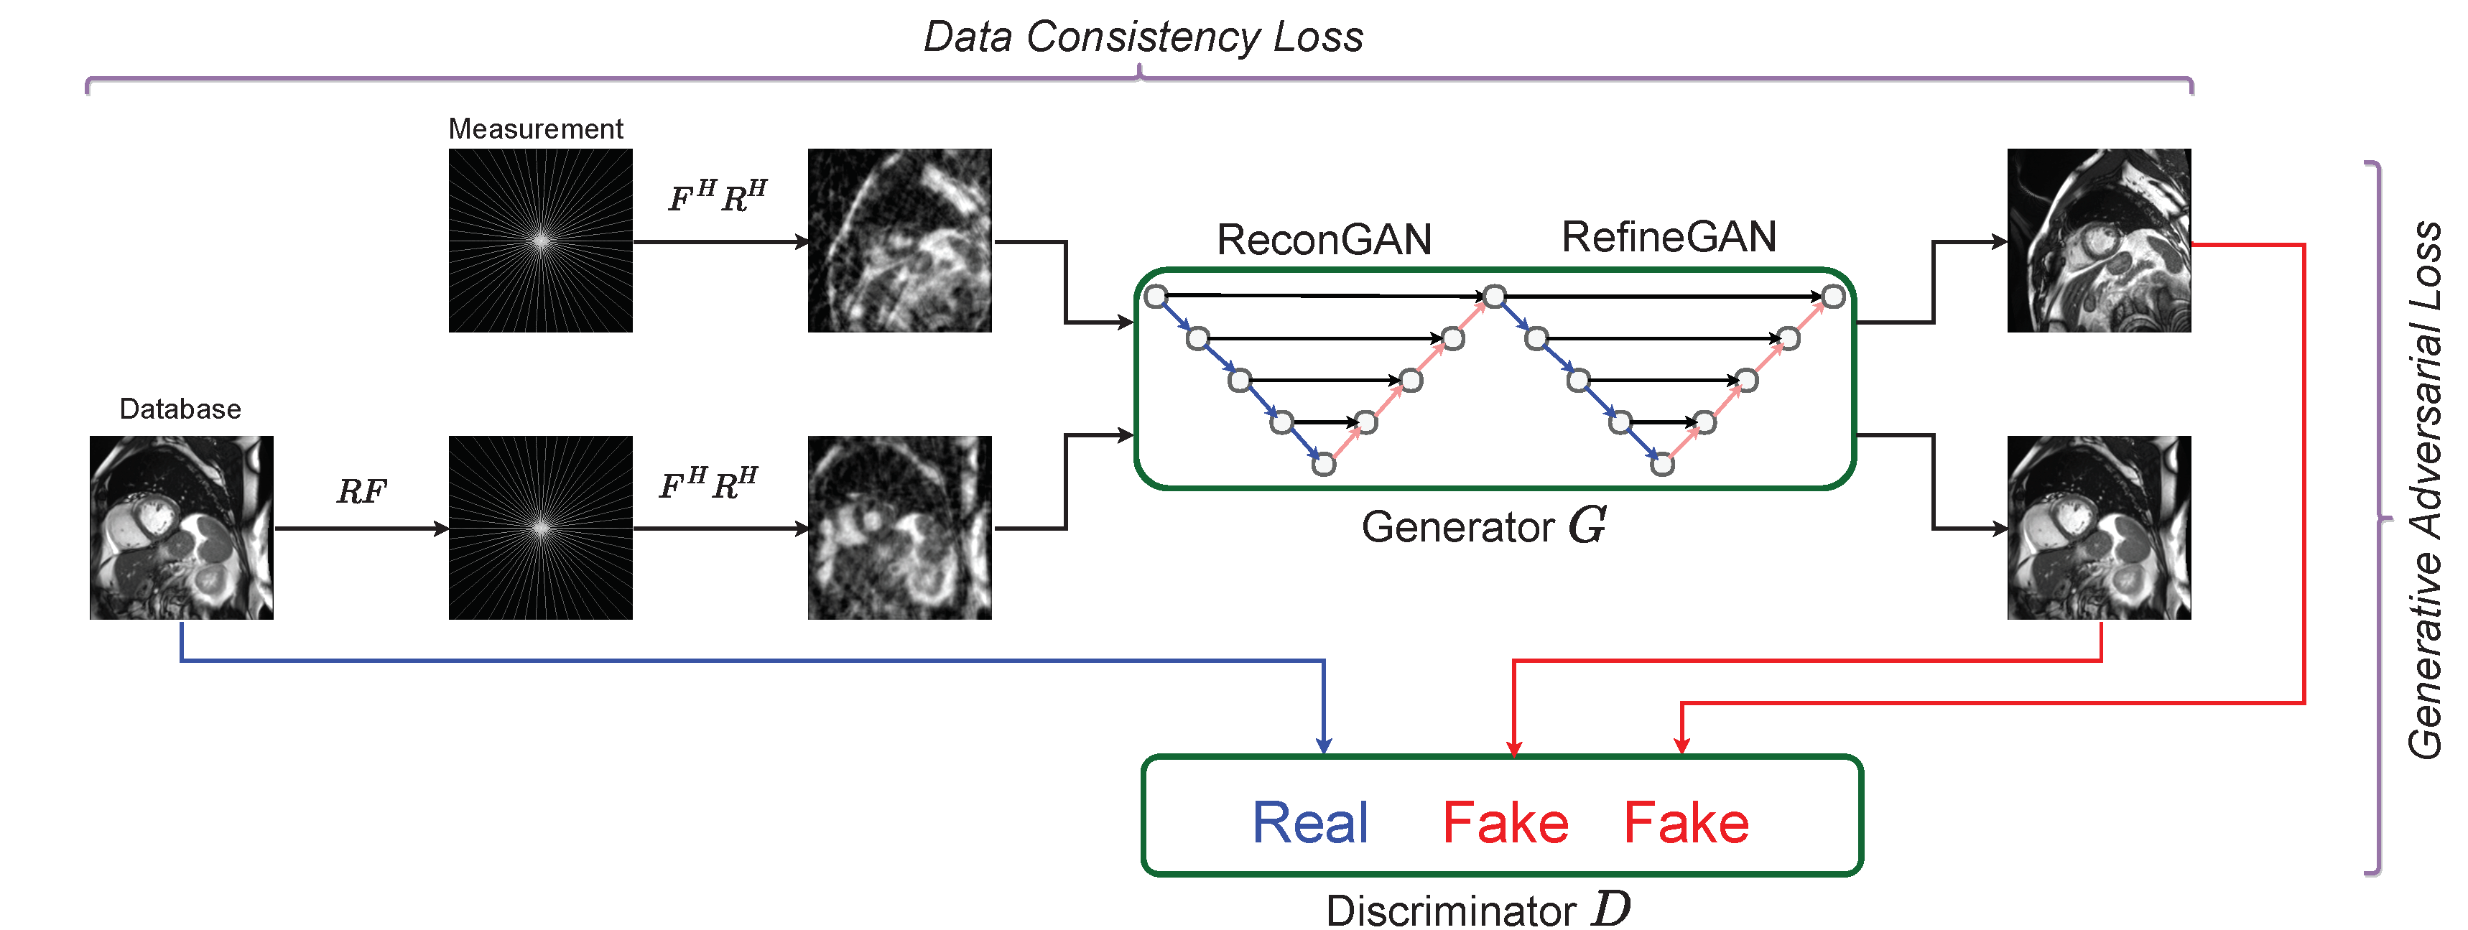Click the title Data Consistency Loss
click(1142, 38)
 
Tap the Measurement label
click(536, 129)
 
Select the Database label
click(180, 409)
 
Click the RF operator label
click(361, 491)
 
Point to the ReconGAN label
click(1324, 239)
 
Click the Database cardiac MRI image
click(181, 528)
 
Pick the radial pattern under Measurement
click(540, 241)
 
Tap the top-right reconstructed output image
click(2098, 241)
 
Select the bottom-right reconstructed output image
click(2098, 528)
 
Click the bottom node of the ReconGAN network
click(1323, 465)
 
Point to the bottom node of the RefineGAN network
click(1662, 465)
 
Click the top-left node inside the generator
click(1156, 296)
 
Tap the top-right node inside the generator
click(1833, 297)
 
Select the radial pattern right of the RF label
click(540, 528)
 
